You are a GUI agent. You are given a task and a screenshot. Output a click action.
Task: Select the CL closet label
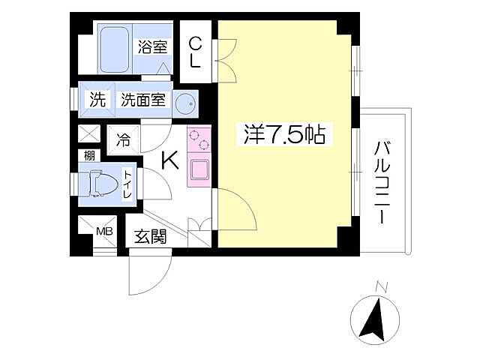click(194, 52)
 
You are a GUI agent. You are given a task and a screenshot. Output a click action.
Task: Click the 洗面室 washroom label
click(144, 100)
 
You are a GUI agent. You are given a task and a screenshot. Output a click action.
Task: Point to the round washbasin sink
click(185, 105)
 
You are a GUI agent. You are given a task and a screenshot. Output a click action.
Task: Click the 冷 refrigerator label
click(124, 139)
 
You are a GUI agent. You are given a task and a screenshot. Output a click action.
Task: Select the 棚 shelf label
click(88, 155)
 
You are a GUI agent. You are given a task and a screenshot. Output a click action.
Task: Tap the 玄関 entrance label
click(150, 236)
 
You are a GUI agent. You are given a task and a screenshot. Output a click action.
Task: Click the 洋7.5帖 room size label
click(283, 136)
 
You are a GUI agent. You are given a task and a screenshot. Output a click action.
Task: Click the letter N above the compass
click(381, 285)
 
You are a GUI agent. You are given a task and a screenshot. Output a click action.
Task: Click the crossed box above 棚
click(88, 136)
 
